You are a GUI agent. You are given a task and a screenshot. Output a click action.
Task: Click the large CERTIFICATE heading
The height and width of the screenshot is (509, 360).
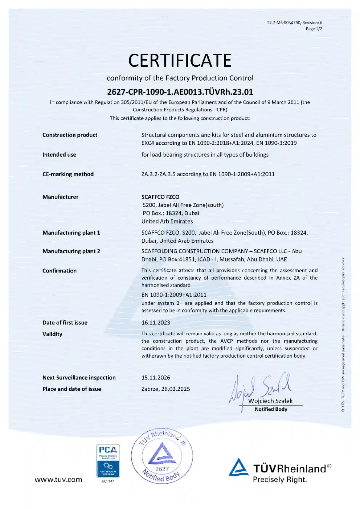click(180, 61)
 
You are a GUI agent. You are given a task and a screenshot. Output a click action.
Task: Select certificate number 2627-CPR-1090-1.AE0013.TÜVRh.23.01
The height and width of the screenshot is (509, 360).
click(180, 92)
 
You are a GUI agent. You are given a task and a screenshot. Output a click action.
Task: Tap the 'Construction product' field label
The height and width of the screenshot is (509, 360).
click(70, 135)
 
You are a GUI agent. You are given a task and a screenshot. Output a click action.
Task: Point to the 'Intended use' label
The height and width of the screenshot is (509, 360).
click(59, 155)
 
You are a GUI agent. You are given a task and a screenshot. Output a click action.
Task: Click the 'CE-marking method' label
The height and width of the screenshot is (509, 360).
click(68, 174)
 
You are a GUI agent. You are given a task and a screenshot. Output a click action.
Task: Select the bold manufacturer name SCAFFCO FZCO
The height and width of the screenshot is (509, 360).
click(160, 197)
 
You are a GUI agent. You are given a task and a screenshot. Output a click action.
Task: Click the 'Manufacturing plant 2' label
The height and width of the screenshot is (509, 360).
click(71, 251)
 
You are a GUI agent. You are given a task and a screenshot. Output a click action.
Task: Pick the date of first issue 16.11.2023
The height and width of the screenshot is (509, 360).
click(156, 323)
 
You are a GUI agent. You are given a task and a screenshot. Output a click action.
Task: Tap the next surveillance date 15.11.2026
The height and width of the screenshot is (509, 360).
click(156, 378)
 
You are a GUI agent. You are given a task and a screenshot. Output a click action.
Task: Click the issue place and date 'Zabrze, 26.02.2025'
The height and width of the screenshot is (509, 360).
click(165, 389)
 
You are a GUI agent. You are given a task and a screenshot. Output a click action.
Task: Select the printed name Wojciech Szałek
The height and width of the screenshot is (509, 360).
click(270, 401)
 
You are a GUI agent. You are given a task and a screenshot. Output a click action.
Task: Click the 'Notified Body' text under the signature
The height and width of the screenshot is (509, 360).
click(271, 409)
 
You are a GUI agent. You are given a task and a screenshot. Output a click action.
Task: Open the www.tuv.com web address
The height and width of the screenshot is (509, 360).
click(58, 480)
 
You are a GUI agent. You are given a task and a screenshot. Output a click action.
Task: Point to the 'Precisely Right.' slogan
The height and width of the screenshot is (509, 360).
click(279, 480)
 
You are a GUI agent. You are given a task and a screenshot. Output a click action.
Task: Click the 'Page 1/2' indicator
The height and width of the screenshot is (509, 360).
click(314, 29)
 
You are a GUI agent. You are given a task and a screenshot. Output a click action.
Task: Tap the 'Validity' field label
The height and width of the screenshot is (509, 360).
click(52, 334)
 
